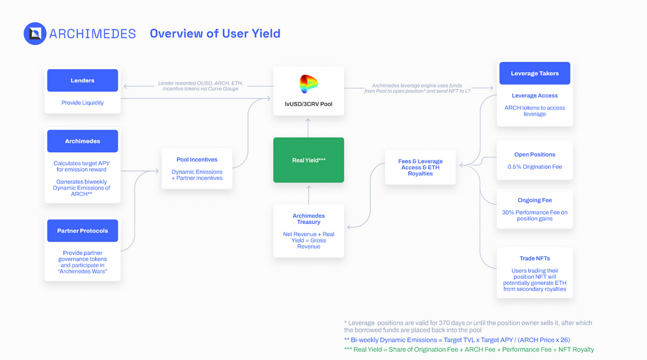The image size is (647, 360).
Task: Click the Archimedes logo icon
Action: point(35,34)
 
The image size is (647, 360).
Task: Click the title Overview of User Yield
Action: point(215,33)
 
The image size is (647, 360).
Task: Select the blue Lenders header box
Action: point(83,80)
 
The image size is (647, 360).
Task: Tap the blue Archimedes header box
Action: point(83,141)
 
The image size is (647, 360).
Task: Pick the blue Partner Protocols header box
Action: point(83,231)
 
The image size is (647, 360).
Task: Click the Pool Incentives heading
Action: point(197,160)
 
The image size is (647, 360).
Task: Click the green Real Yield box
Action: point(309,160)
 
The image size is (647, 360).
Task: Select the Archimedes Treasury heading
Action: point(309,219)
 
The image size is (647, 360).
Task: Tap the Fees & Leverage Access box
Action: point(420,167)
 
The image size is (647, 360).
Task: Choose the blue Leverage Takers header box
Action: point(535,73)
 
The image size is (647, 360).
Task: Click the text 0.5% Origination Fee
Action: point(535,167)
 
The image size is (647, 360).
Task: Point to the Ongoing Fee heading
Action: point(535,200)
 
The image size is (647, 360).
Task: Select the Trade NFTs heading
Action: point(535,258)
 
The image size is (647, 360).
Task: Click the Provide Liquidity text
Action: point(83,103)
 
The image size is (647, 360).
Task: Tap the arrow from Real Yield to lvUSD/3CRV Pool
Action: point(309,127)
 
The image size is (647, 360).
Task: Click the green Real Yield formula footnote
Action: point(469,349)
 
